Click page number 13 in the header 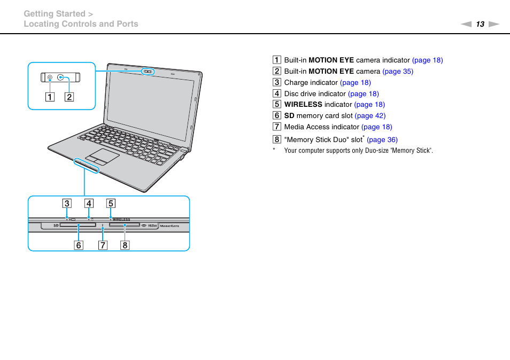point(480,24)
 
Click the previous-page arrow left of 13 point(466,24)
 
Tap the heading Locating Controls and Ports point(81,24)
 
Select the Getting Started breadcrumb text point(54,14)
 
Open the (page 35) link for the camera point(398,72)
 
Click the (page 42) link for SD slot point(370,116)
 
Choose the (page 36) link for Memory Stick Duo point(382,140)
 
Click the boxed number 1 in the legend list point(276,60)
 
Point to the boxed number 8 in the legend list point(276,139)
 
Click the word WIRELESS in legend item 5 point(303,105)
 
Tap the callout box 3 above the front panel point(66,203)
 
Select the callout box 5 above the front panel point(110,203)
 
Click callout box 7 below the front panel point(103,246)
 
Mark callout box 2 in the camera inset point(69,97)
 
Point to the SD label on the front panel point(56,226)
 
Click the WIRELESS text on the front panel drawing point(121,220)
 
